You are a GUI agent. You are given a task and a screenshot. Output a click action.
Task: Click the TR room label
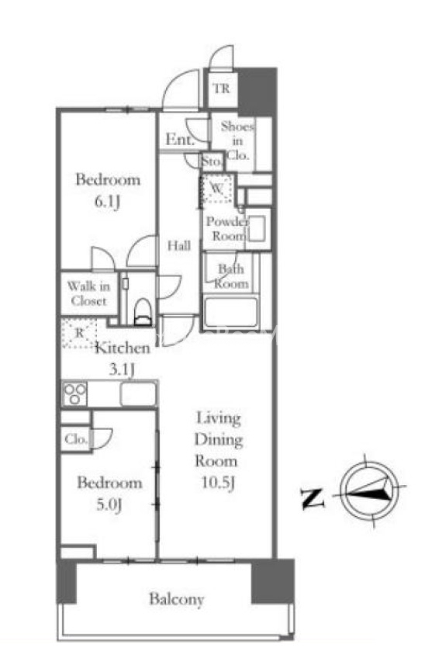click(221, 88)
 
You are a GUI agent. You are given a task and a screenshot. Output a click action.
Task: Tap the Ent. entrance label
click(180, 139)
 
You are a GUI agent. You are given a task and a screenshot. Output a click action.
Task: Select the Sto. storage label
click(212, 161)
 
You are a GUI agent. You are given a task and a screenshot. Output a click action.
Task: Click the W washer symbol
click(217, 188)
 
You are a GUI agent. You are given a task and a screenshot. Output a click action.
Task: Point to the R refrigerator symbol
click(80, 332)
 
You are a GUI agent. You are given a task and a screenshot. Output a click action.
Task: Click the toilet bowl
click(143, 311)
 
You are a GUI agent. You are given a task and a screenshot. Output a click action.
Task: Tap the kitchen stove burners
click(75, 393)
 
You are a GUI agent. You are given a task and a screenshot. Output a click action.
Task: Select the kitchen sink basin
click(138, 393)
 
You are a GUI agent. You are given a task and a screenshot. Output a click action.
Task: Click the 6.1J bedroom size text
click(107, 200)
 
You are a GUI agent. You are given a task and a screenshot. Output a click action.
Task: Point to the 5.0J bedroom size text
click(109, 504)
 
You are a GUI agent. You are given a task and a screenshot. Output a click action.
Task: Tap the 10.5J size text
click(218, 483)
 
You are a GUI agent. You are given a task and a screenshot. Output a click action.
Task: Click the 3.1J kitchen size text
click(122, 369)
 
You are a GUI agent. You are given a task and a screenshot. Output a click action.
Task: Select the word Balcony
click(177, 599)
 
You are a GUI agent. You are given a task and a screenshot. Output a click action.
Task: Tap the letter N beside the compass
click(313, 498)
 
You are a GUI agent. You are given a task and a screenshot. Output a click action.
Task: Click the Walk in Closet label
click(88, 293)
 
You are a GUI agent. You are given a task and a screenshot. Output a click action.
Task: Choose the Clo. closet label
click(76, 438)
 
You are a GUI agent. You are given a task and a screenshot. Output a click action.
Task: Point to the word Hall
click(179, 245)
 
